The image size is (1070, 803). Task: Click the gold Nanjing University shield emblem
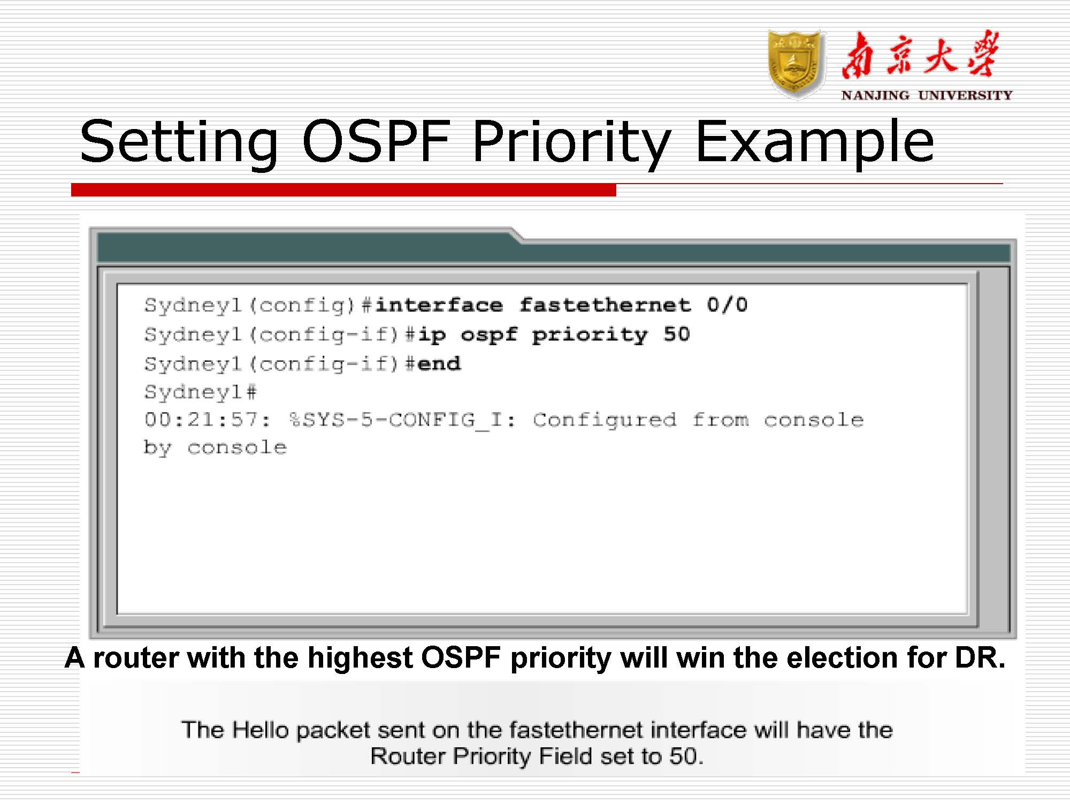coord(796,64)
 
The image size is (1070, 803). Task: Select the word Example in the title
coord(814,142)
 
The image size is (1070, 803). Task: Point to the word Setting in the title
coord(179,142)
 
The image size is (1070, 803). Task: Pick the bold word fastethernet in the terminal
coord(605,305)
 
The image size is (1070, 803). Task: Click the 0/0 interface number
coord(727,305)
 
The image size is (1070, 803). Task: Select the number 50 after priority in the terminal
coord(677,335)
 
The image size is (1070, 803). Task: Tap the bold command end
coord(439,364)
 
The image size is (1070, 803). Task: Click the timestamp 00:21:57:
coord(208,420)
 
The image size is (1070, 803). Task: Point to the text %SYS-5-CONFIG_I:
coord(402,420)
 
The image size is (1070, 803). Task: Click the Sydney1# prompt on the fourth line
coord(201,392)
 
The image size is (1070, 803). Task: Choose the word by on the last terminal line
coord(157,448)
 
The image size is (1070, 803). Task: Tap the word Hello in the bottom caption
coord(260,730)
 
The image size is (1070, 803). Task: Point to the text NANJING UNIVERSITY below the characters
coord(927,95)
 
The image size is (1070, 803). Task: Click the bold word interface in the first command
coord(439,305)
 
